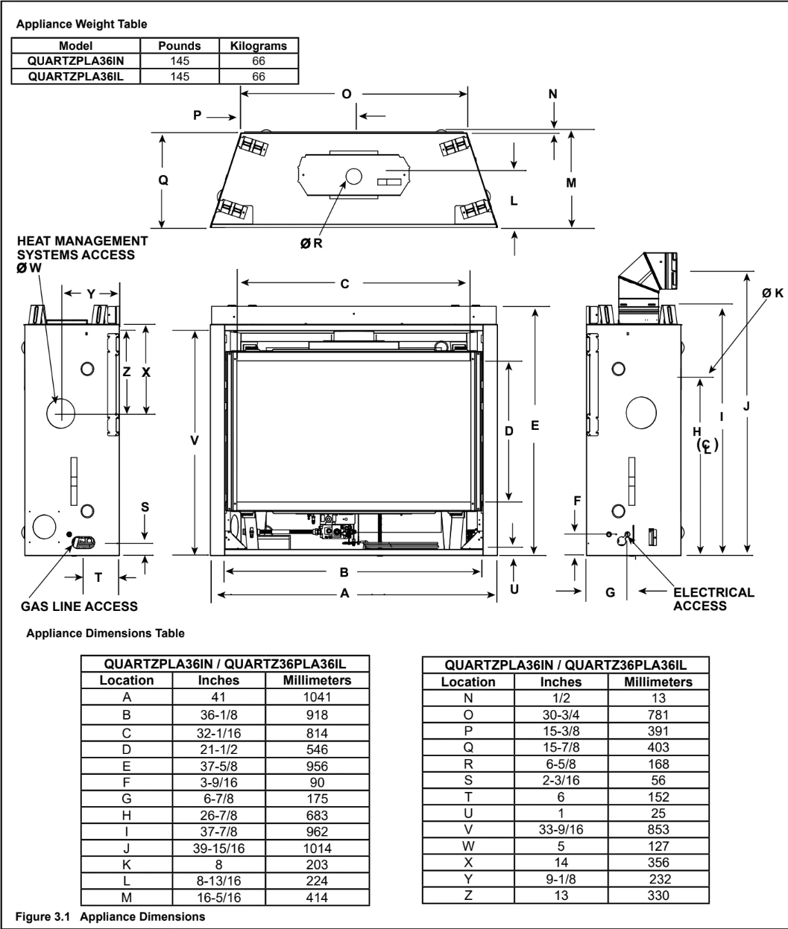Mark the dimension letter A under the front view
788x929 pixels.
click(344, 594)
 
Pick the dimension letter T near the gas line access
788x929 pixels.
click(98, 577)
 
